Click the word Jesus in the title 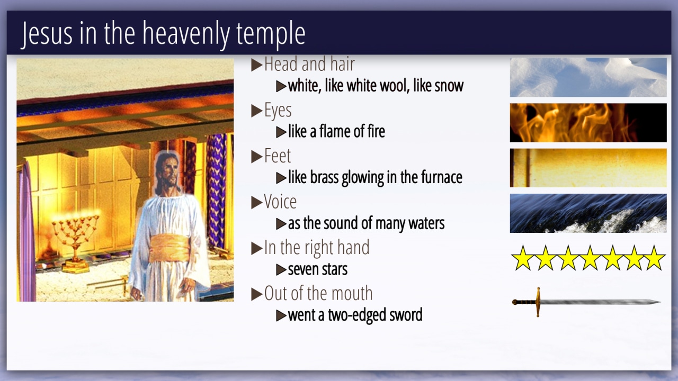pyautogui.click(x=47, y=34)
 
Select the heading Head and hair pyautogui.click(x=309, y=64)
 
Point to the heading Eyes pyautogui.click(x=278, y=110)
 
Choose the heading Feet pyautogui.click(x=277, y=156)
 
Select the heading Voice pyautogui.click(x=280, y=202)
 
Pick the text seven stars pyautogui.click(x=317, y=269)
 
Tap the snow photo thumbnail pyautogui.click(x=588, y=77)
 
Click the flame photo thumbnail pyautogui.click(x=588, y=123)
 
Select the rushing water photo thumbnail pyautogui.click(x=588, y=213)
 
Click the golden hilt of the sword pyautogui.click(x=538, y=302)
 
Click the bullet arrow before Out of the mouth pyautogui.click(x=257, y=294)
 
